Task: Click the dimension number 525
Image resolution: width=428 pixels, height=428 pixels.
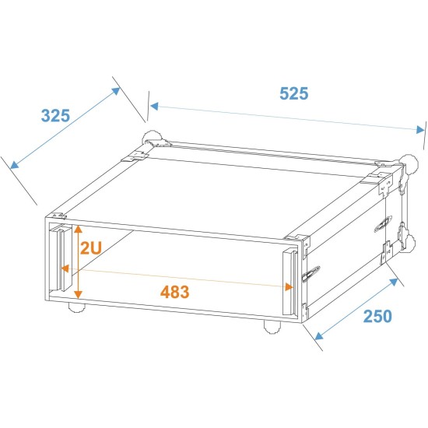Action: tap(294, 93)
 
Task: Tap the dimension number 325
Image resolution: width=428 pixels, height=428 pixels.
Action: tap(55, 116)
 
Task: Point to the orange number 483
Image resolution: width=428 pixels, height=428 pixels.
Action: tap(174, 293)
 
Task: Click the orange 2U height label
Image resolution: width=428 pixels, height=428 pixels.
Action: tap(90, 249)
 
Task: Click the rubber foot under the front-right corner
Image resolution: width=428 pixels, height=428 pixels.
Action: tap(272, 325)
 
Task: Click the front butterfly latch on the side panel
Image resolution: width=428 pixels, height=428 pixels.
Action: tap(312, 274)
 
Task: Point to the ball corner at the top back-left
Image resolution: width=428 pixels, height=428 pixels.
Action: tap(151, 140)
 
